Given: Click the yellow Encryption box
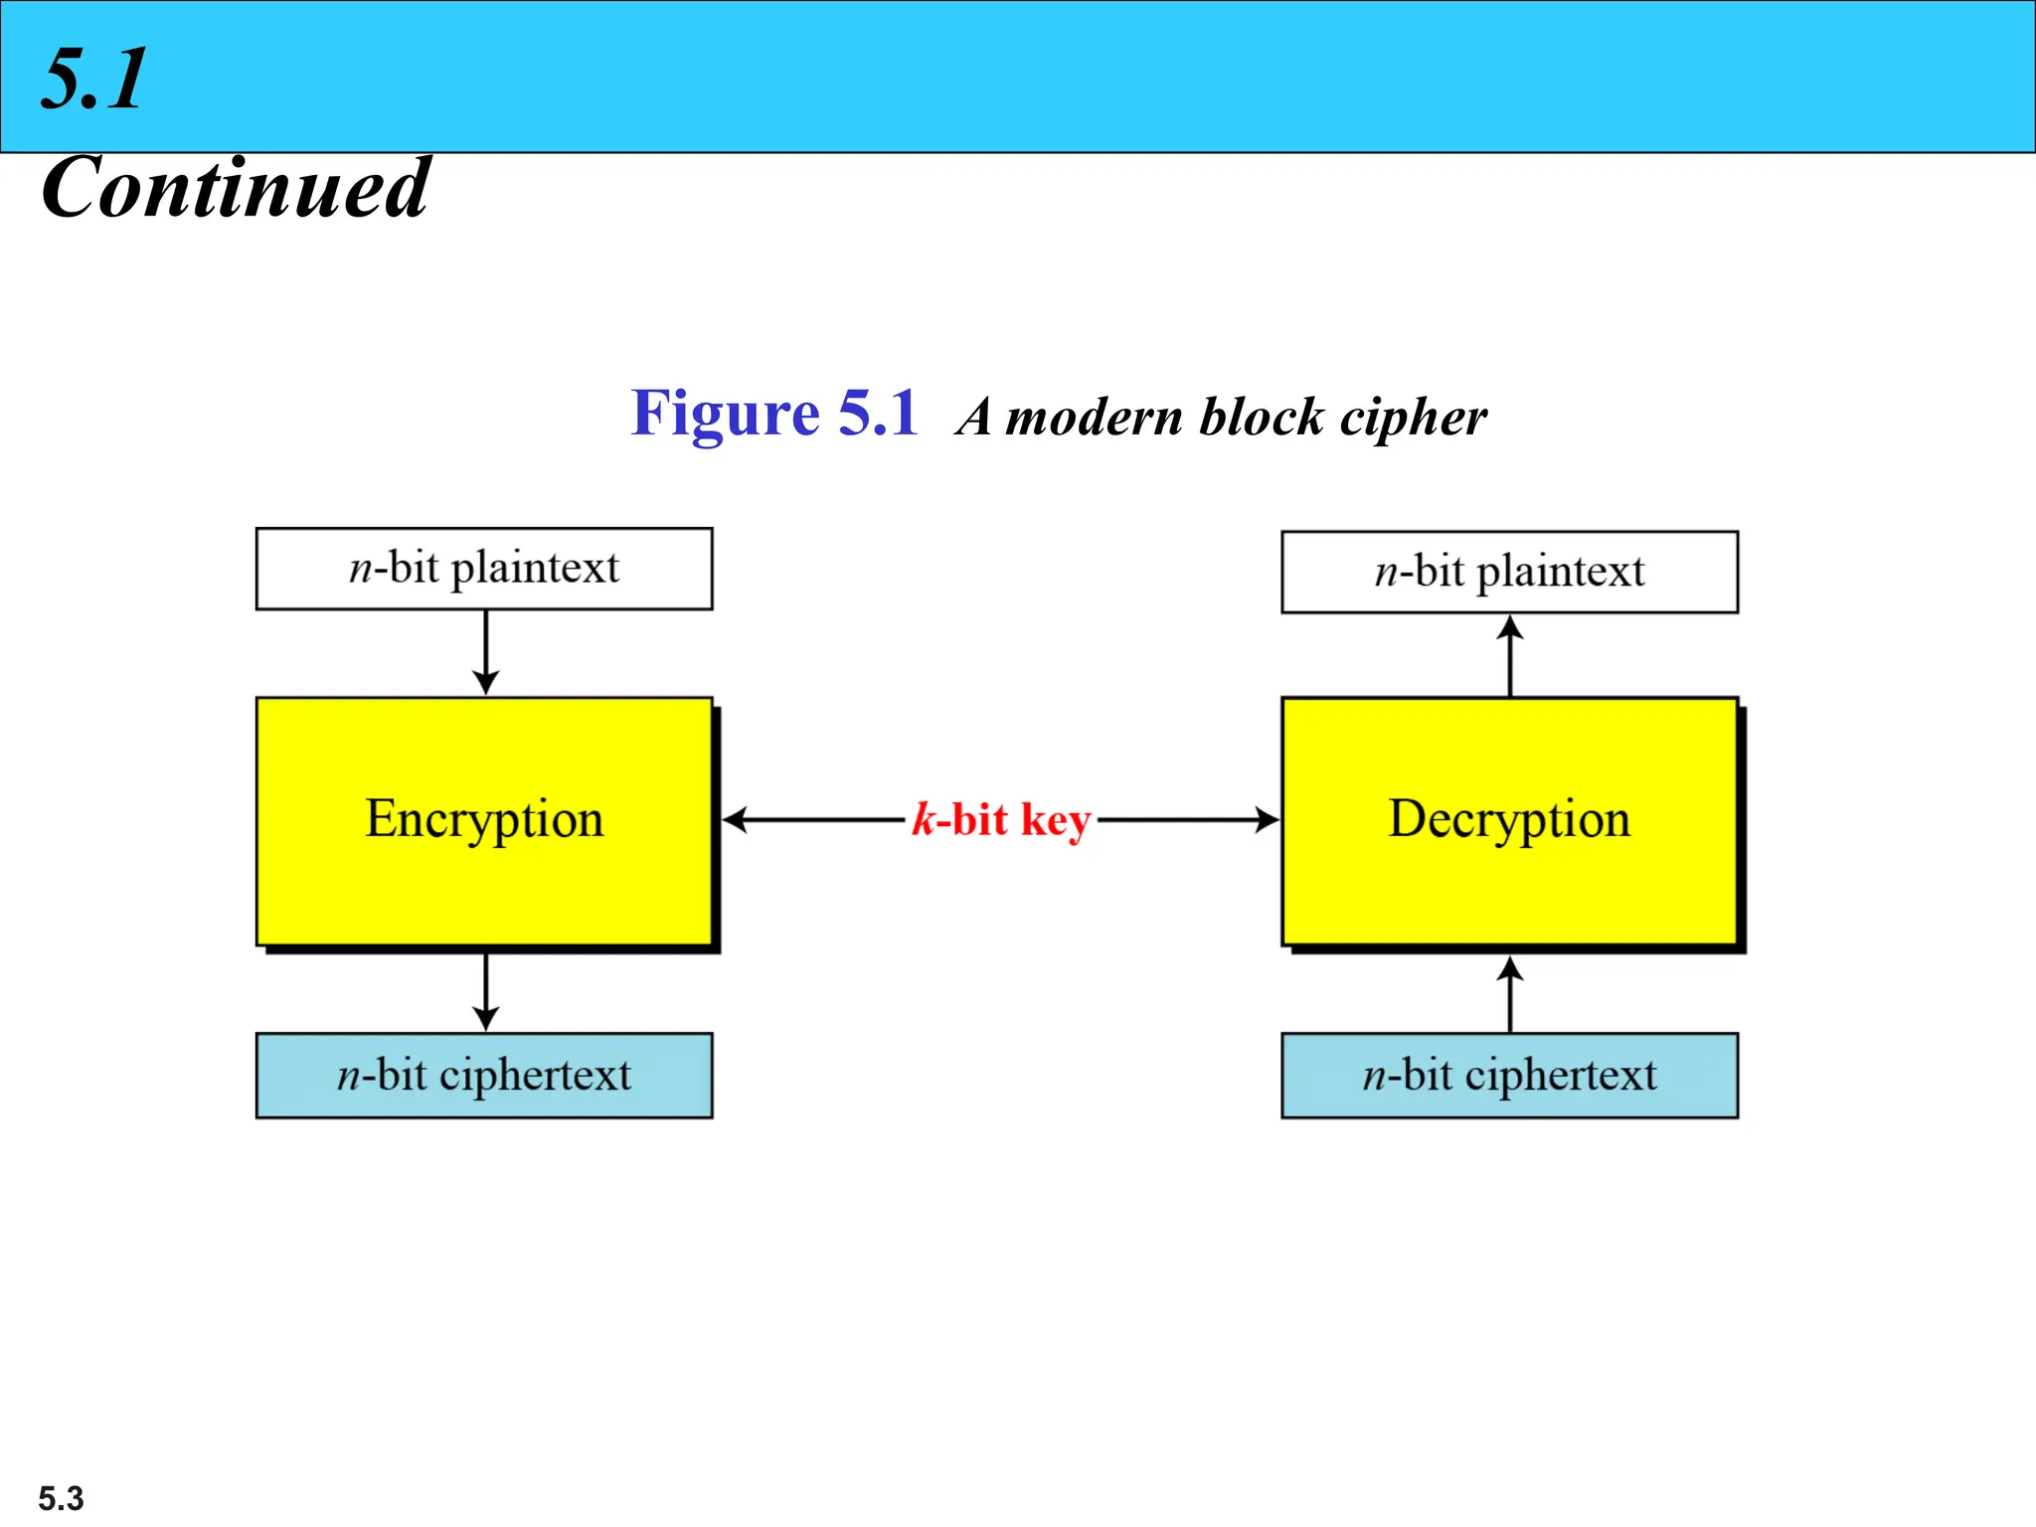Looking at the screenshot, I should point(484,821).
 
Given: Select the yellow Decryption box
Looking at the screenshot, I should point(1509,821).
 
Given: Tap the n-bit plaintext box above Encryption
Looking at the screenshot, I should point(484,569).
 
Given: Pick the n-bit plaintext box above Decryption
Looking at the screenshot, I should point(1509,572).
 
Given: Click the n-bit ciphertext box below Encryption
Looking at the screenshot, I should point(484,1076).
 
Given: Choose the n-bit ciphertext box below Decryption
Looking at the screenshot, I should point(1509,1076).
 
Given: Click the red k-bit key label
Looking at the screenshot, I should point(1001,821).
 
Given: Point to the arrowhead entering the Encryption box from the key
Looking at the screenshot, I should point(734,820).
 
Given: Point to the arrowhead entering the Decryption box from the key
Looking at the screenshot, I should point(1267,820).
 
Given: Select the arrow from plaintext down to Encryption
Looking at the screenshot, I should point(485,652).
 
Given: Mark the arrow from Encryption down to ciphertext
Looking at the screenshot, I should point(485,991).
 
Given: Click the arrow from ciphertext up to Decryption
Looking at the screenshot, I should point(1510,994).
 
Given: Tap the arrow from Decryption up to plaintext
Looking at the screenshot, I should point(1510,656).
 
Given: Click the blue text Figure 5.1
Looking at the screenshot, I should point(774,414).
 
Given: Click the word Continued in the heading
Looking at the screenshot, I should point(235,188).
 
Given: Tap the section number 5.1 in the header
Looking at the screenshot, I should point(94,79).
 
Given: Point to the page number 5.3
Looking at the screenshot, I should point(61,1497).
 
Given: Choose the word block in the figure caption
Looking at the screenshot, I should point(1262,418).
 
